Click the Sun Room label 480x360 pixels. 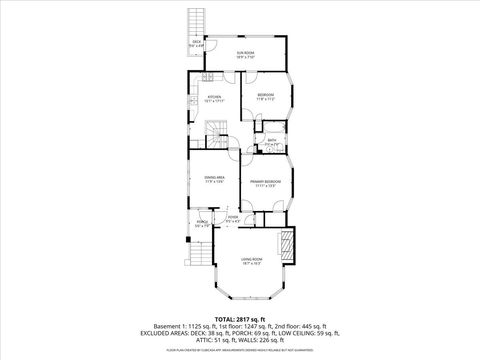[x=245, y=54]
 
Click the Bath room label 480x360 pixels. [x=271, y=142]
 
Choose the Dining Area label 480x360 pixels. [x=214, y=179]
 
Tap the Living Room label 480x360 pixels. [x=250, y=261]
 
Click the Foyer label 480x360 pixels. [x=231, y=217]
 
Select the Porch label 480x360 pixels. [x=201, y=224]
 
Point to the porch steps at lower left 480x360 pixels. [x=200, y=265]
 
